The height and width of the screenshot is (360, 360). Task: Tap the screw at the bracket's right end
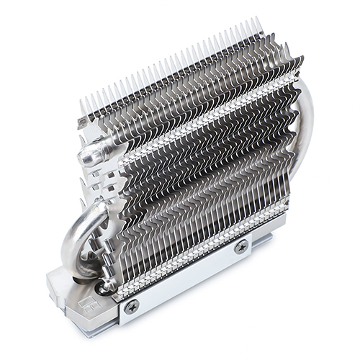click(240, 247)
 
